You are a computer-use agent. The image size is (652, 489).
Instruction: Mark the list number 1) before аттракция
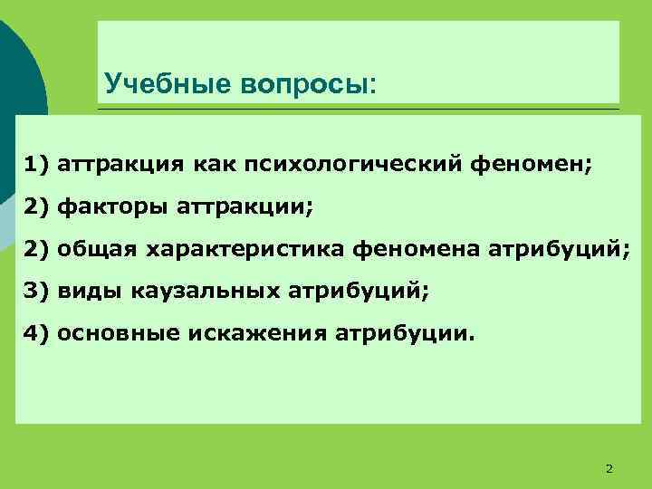click(x=37, y=166)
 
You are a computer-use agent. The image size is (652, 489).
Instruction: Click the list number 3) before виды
click(x=37, y=291)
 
